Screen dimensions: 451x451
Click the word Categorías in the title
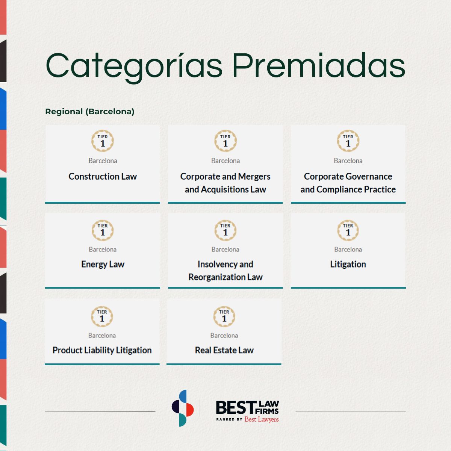134,66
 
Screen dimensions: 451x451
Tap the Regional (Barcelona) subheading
90,112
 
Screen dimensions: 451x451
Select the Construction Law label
103,177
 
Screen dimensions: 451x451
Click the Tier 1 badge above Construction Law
103,141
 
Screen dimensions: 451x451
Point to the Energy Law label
103,265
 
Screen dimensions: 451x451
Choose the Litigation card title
348,265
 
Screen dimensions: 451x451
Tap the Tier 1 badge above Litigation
348,230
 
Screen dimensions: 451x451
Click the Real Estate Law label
224,350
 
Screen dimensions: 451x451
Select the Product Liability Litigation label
102,350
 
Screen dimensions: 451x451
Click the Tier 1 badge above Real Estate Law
224,316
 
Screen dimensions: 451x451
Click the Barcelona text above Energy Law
103,250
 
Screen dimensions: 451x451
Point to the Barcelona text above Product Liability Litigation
102,336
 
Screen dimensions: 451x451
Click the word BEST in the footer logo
235,407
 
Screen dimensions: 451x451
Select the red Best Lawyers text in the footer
262,419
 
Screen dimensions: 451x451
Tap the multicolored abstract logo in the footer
183,408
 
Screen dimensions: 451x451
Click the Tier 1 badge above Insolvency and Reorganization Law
225,230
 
